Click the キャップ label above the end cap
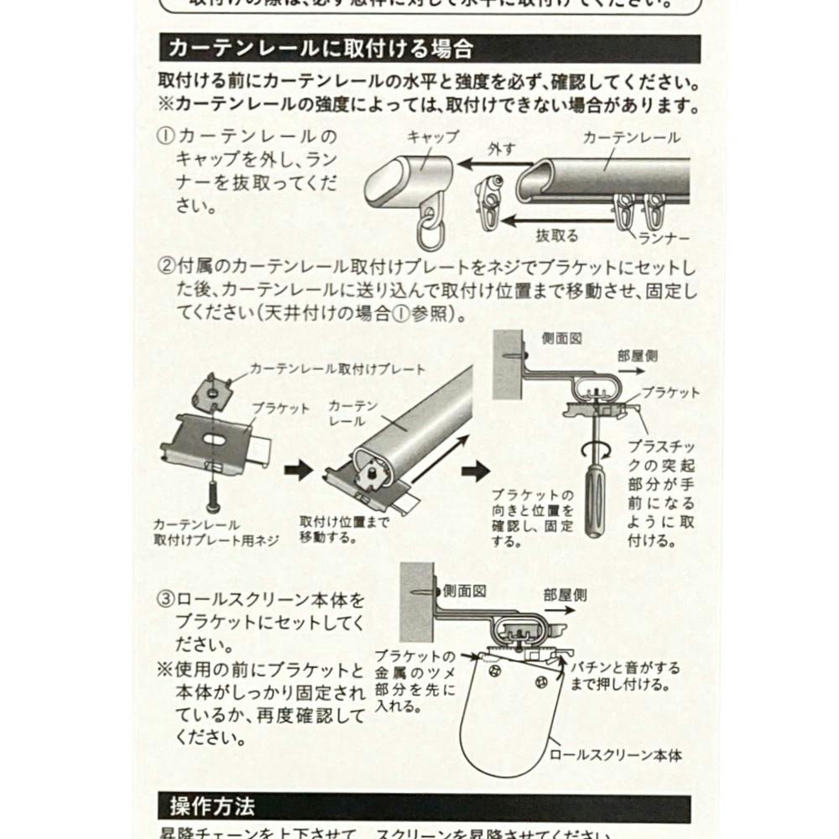pos(433,137)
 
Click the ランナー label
pos(663,238)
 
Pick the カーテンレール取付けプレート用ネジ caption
pos(216,532)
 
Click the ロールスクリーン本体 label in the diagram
pos(614,755)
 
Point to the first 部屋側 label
pos(637,356)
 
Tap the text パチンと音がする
pos(625,668)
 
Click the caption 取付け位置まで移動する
pos(344,528)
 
